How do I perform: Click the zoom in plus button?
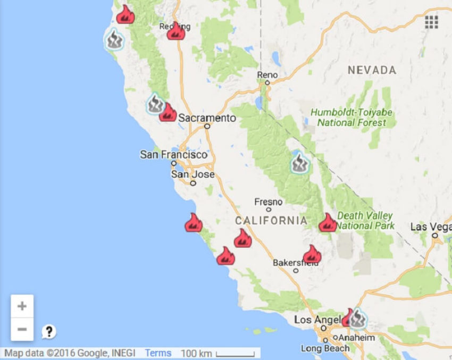click(x=22, y=306)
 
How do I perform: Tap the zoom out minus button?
click(x=22, y=329)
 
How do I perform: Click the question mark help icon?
click(x=49, y=332)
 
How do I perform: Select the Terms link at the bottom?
click(x=158, y=353)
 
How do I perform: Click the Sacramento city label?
click(x=207, y=118)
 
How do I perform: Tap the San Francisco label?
click(x=173, y=155)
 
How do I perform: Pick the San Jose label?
click(x=192, y=174)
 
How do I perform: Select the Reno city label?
click(x=267, y=76)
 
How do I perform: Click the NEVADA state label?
click(x=372, y=70)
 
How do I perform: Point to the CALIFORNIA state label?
click(x=271, y=221)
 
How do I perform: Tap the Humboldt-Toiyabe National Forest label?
click(x=351, y=118)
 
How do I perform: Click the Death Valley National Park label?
click(x=365, y=221)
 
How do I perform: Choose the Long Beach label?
click(x=325, y=349)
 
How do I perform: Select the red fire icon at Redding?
click(x=176, y=32)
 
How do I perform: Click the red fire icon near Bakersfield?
click(x=312, y=255)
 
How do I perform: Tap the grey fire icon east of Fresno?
click(x=300, y=163)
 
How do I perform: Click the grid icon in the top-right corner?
click(x=431, y=22)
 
